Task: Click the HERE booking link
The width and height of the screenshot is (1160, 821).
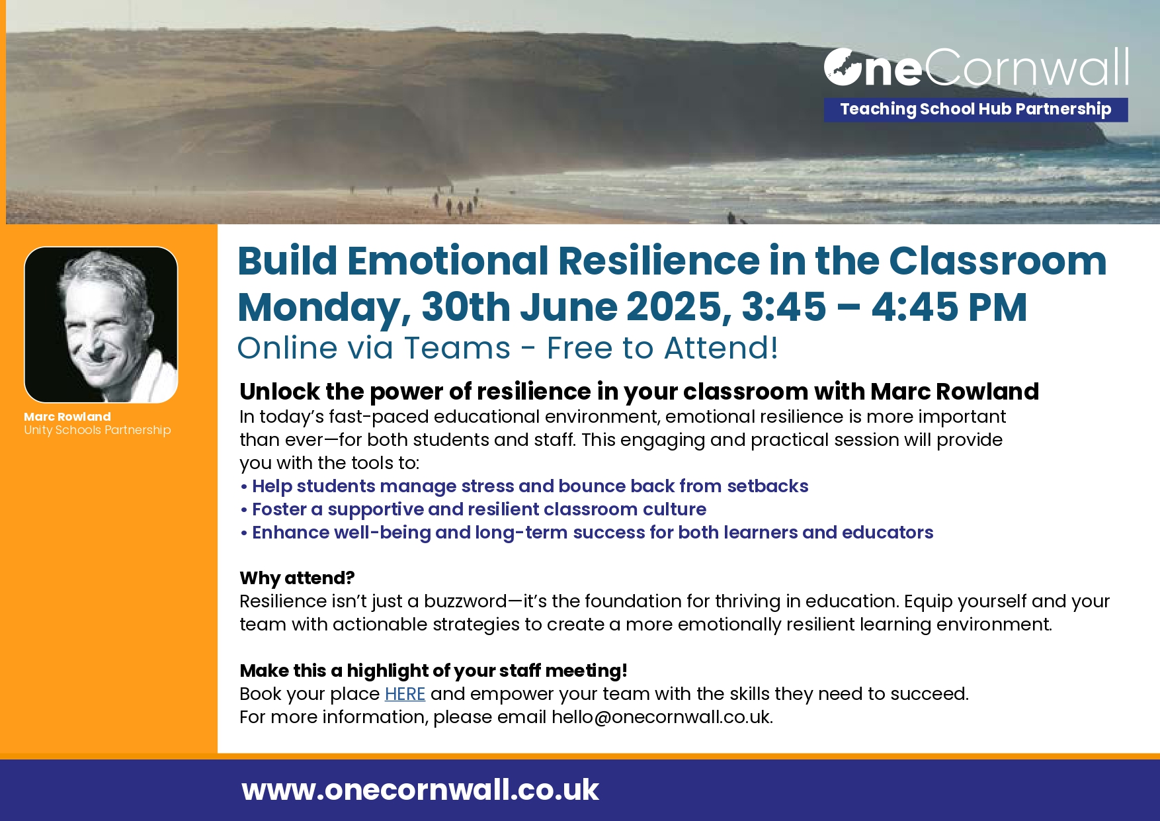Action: [405, 694]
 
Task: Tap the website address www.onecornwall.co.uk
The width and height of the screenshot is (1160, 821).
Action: [420, 790]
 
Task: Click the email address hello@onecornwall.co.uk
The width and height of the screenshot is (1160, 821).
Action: [661, 717]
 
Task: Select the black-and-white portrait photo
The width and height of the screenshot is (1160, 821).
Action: [101, 325]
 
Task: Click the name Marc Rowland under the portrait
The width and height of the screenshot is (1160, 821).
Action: [67, 417]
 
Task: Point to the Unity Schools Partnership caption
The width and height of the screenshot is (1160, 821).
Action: [97, 430]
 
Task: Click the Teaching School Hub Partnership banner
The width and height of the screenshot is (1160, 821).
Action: [975, 109]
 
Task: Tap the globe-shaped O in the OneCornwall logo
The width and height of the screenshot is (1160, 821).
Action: [843, 67]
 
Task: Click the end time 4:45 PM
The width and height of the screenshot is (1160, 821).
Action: [949, 307]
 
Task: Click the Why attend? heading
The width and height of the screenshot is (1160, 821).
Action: [297, 578]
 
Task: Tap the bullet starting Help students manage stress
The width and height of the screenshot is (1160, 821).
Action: [524, 486]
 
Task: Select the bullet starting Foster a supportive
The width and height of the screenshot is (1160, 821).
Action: [474, 509]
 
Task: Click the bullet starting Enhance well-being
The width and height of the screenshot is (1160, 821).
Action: [587, 533]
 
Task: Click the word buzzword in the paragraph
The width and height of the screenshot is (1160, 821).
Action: [466, 601]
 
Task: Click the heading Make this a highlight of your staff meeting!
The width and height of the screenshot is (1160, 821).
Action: [433, 671]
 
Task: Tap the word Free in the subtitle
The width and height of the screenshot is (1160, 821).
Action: [585, 348]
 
